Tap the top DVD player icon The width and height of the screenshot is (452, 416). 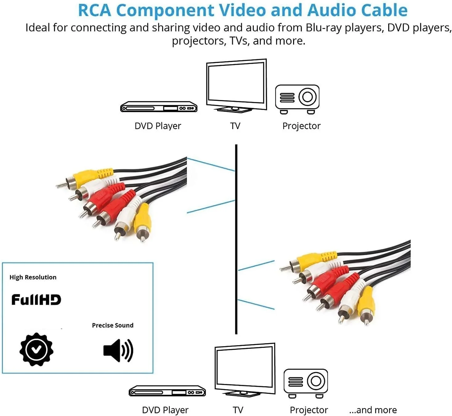pos(158,107)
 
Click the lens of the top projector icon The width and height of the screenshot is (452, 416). pos(307,97)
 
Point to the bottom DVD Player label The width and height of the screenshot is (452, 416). pos(165,410)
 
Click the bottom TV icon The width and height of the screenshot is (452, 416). pos(245,369)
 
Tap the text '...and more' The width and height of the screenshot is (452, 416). pos(373,410)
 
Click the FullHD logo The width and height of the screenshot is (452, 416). pos(36,300)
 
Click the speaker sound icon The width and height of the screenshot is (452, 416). pos(118,350)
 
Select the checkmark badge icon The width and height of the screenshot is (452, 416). pos(36,349)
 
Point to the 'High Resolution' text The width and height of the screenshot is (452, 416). pos(33,277)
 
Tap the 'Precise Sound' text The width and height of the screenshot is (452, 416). pos(113,325)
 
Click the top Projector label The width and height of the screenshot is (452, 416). pos(301,126)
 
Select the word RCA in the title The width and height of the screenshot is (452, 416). pos(94,10)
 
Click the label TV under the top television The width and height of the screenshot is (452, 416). pos(235,126)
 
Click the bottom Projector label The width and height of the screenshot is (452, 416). pos(309,410)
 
